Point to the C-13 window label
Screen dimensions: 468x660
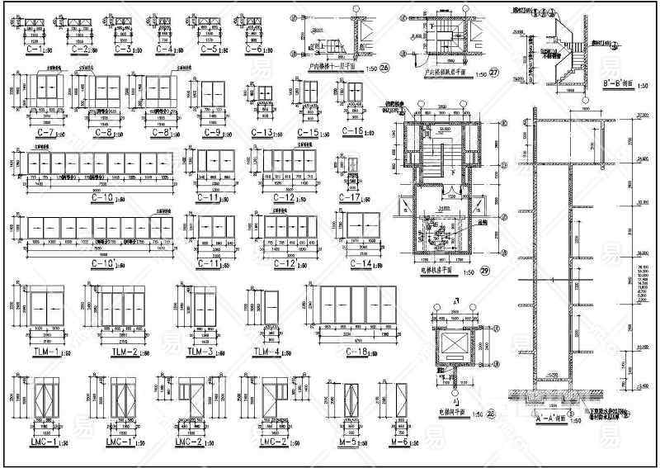pyautogui.click(x=261, y=133)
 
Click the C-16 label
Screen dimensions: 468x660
pyautogui.click(x=351, y=132)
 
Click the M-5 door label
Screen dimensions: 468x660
pyautogui.click(x=348, y=443)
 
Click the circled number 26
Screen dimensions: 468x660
pyautogui.click(x=384, y=68)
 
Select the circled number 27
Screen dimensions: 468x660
pyautogui.click(x=495, y=72)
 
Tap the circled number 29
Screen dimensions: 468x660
pyautogui.click(x=485, y=272)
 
